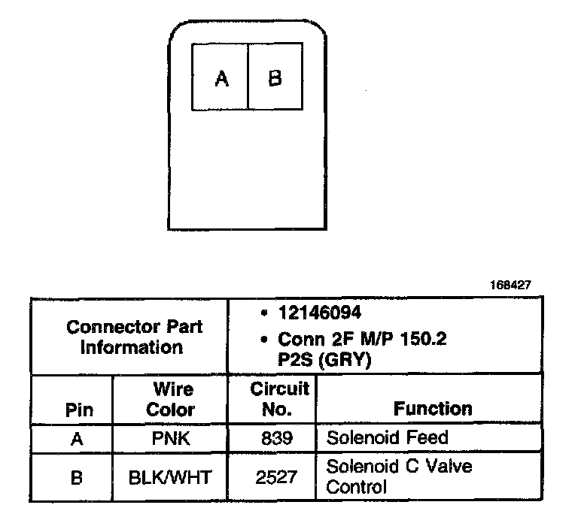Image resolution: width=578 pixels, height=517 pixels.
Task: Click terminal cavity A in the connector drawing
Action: (221, 78)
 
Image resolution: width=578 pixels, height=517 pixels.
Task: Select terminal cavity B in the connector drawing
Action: (275, 78)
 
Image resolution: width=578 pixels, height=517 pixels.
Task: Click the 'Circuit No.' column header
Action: (279, 399)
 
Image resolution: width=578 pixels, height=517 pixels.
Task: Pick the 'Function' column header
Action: (433, 408)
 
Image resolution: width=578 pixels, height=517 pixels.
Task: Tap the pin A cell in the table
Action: (76, 439)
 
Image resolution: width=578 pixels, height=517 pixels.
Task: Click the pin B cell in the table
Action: (76, 476)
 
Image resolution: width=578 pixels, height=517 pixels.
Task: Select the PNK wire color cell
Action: (170, 439)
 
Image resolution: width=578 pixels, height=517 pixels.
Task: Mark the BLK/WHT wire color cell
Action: (170, 476)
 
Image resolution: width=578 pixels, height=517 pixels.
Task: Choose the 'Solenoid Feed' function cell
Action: (386, 437)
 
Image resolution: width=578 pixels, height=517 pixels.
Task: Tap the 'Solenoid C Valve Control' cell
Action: (399, 476)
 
